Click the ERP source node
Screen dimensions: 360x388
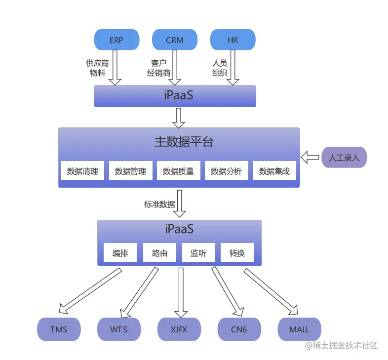(x=116, y=40)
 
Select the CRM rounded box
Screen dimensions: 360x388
(x=175, y=40)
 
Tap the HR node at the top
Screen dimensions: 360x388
(x=233, y=40)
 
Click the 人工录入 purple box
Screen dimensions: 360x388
(x=344, y=158)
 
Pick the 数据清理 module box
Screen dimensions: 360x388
(x=82, y=171)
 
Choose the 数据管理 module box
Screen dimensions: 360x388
(x=130, y=171)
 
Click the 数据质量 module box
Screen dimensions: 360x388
(x=178, y=171)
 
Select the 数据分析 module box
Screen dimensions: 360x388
(x=226, y=171)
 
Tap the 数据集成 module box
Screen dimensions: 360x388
(x=274, y=171)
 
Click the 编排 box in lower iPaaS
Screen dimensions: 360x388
(x=120, y=253)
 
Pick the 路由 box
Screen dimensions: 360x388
(x=159, y=253)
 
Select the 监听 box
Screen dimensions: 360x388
(x=198, y=253)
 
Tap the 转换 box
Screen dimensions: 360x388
(x=237, y=253)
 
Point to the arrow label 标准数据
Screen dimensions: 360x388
(x=159, y=204)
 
